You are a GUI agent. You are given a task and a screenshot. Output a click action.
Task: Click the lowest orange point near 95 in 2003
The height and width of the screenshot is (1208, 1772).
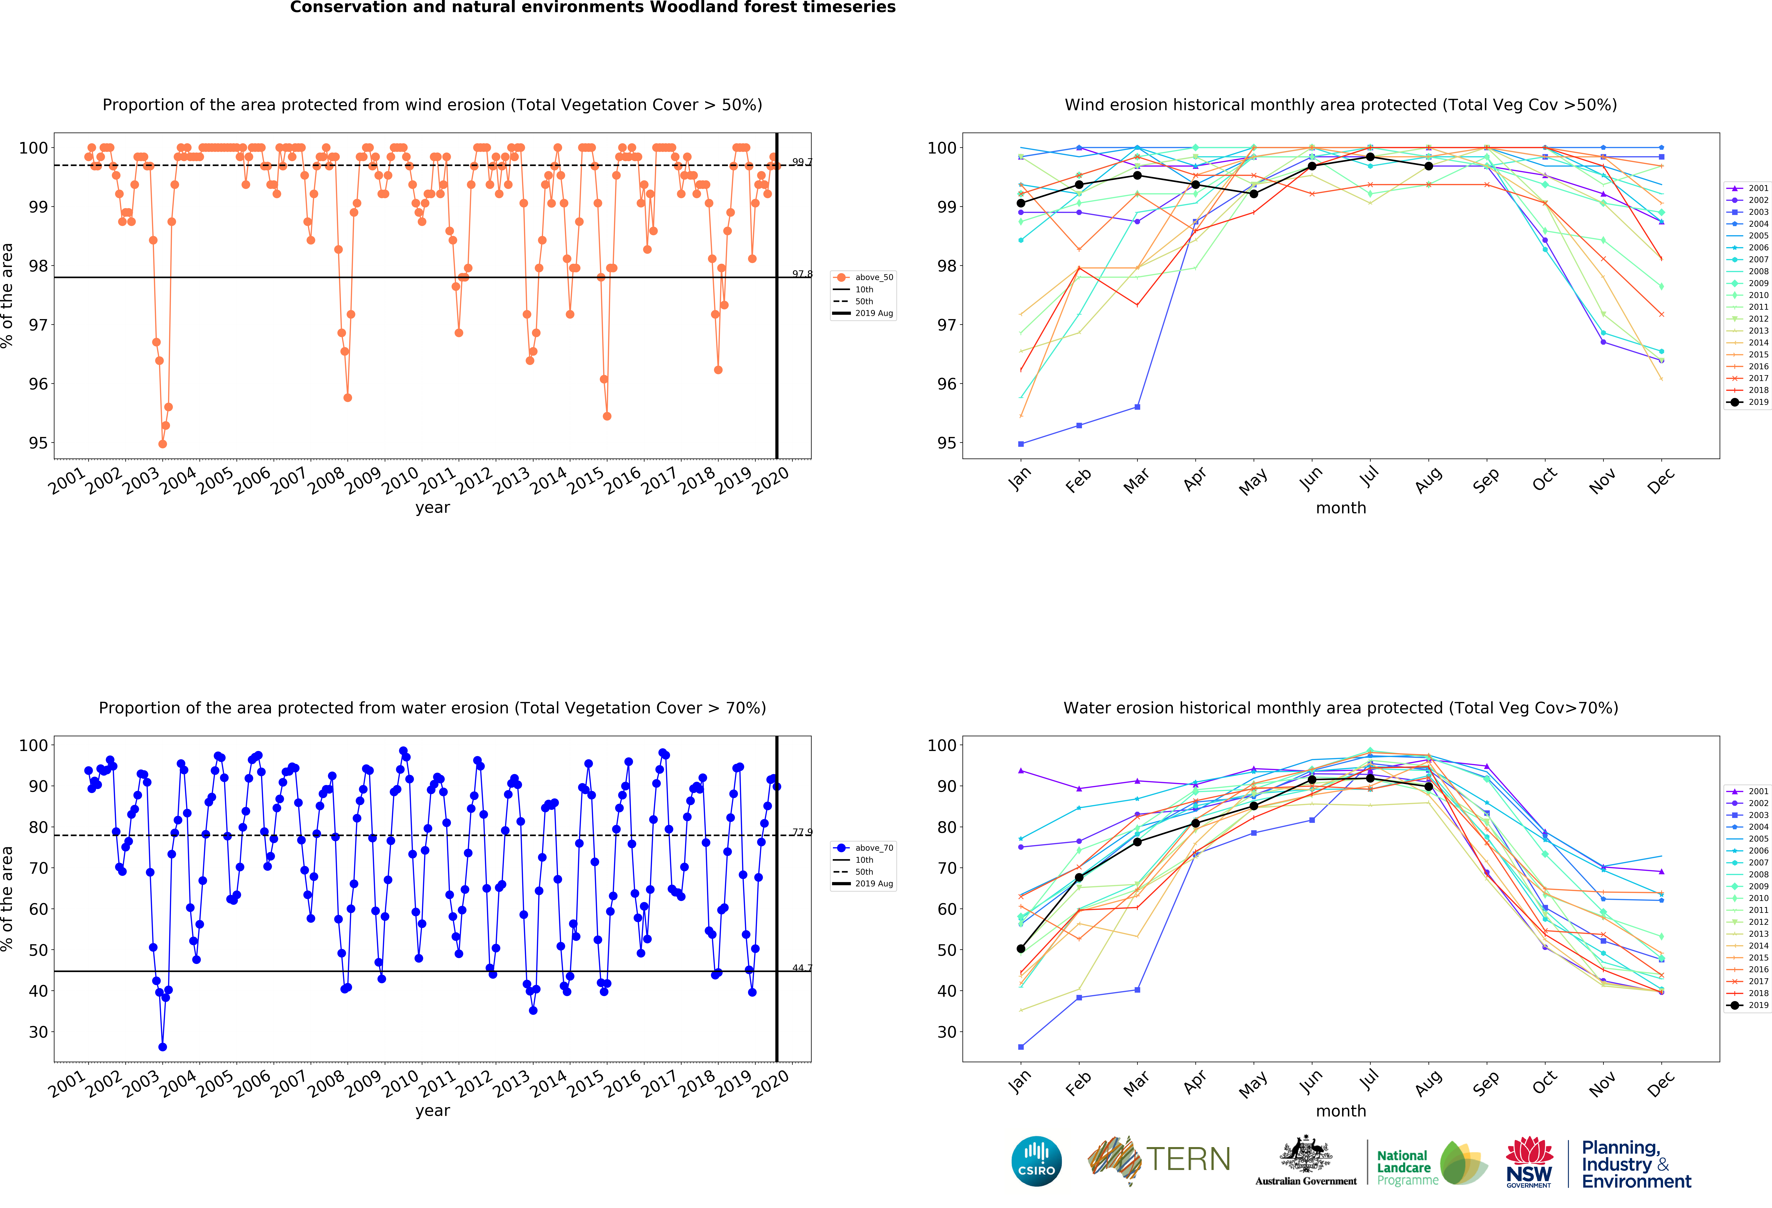pyautogui.click(x=162, y=444)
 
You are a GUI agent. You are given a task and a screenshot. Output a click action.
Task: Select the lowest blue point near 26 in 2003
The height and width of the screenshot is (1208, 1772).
pyautogui.click(x=162, y=1047)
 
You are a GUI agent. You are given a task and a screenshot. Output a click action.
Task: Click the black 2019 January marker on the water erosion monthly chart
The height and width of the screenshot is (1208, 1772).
pyautogui.click(x=1021, y=949)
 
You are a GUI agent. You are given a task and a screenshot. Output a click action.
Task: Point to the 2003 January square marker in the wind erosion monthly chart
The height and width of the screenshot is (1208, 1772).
pyautogui.click(x=1021, y=444)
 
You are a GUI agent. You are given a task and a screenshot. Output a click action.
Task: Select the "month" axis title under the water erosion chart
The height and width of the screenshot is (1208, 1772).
pyautogui.click(x=1340, y=1110)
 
